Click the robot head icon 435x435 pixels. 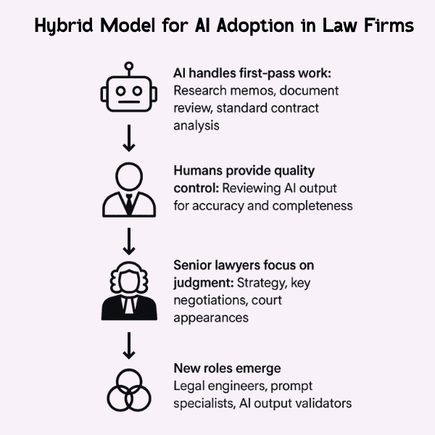128,94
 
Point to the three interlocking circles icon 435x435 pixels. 128,391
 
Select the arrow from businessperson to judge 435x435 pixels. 128,239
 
